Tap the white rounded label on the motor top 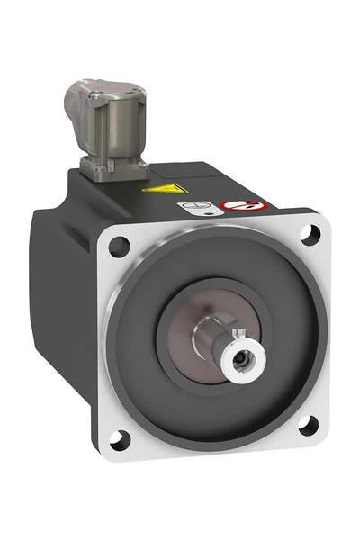click(x=206, y=207)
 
